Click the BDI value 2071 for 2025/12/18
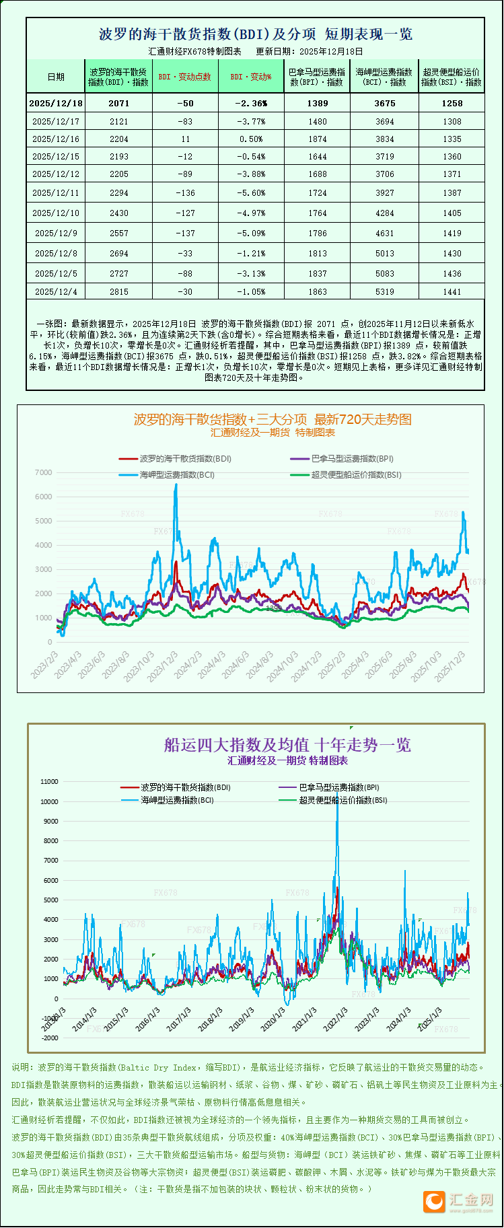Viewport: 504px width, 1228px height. click(118, 103)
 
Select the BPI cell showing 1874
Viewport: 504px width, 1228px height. click(318, 139)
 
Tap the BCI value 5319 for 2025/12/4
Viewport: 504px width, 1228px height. click(385, 292)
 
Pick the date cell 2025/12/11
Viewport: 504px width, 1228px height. click(56, 193)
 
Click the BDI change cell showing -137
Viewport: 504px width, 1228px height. click(185, 233)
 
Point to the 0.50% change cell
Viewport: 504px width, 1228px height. click(252, 139)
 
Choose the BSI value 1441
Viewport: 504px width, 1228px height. click(452, 292)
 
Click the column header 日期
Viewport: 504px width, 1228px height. click(56, 77)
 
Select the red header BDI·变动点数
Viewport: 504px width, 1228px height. click(185, 77)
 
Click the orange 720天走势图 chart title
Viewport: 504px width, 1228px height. click(273, 419)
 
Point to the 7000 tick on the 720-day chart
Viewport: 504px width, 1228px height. click(43, 473)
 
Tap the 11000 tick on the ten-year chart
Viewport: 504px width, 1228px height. click(49, 782)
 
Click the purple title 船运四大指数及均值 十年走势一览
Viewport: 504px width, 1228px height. click(287, 745)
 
